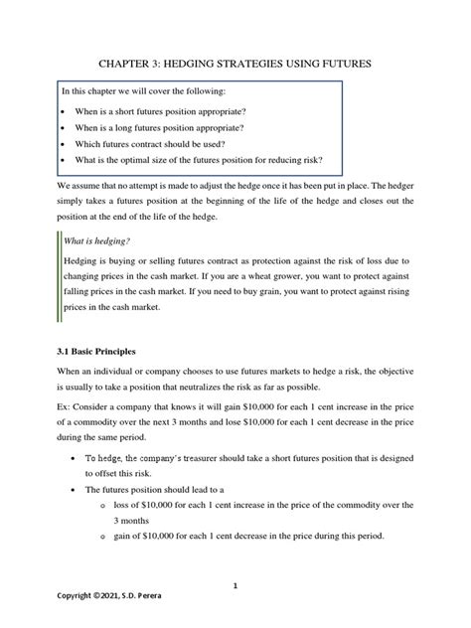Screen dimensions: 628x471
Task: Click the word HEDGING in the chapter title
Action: click(x=208, y=64)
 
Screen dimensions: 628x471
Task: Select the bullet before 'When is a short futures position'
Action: click(x=65, y=108)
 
